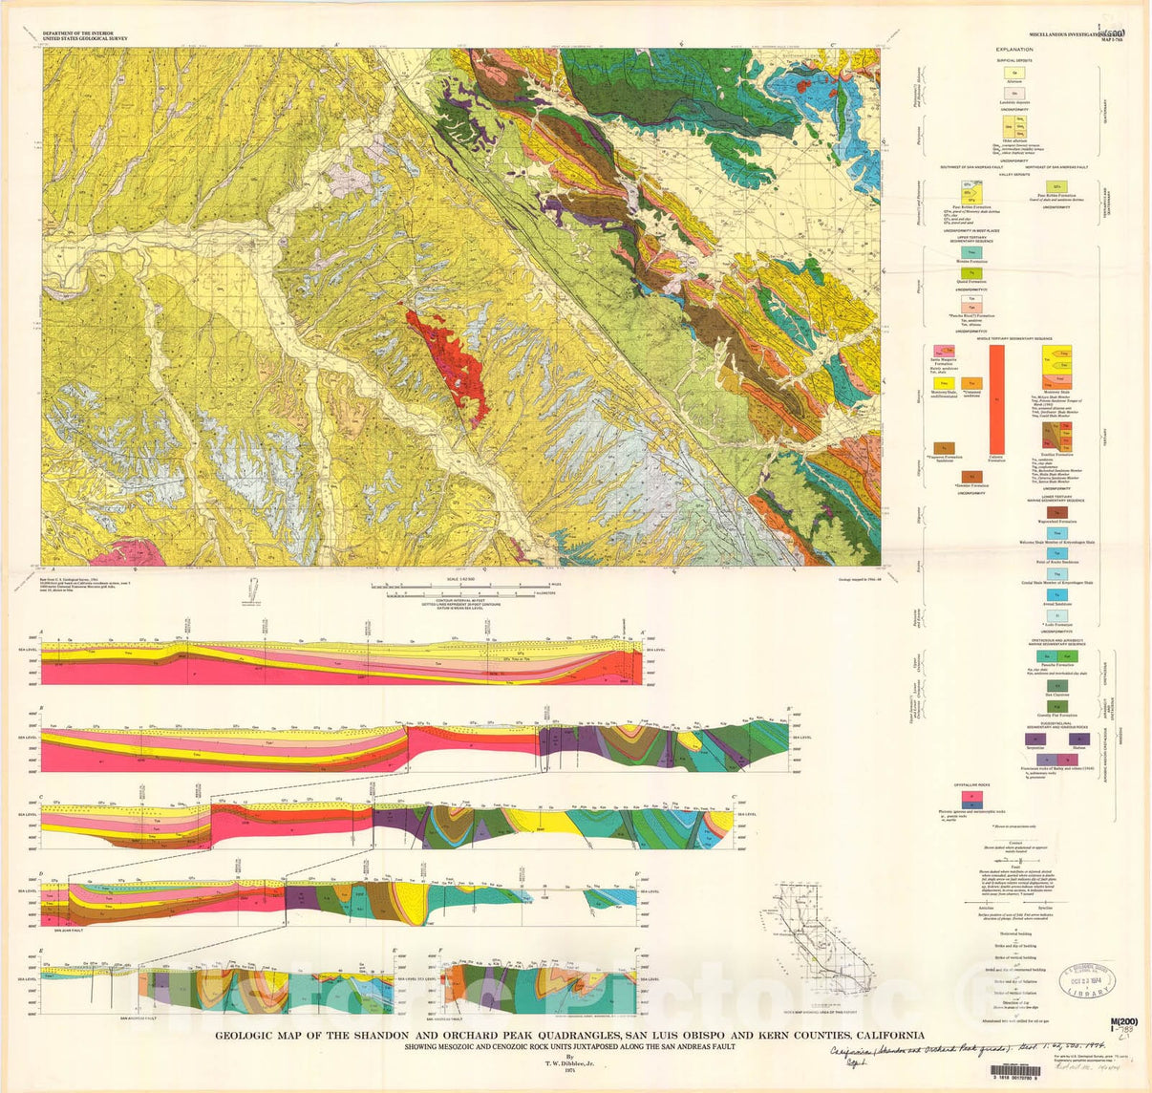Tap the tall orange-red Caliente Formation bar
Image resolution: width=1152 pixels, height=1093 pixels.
click(x=997, y=398)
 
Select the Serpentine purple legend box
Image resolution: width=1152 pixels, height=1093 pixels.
click(x=1031, y=739)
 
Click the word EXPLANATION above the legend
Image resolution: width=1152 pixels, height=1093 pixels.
click(x=1013, y=49)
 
